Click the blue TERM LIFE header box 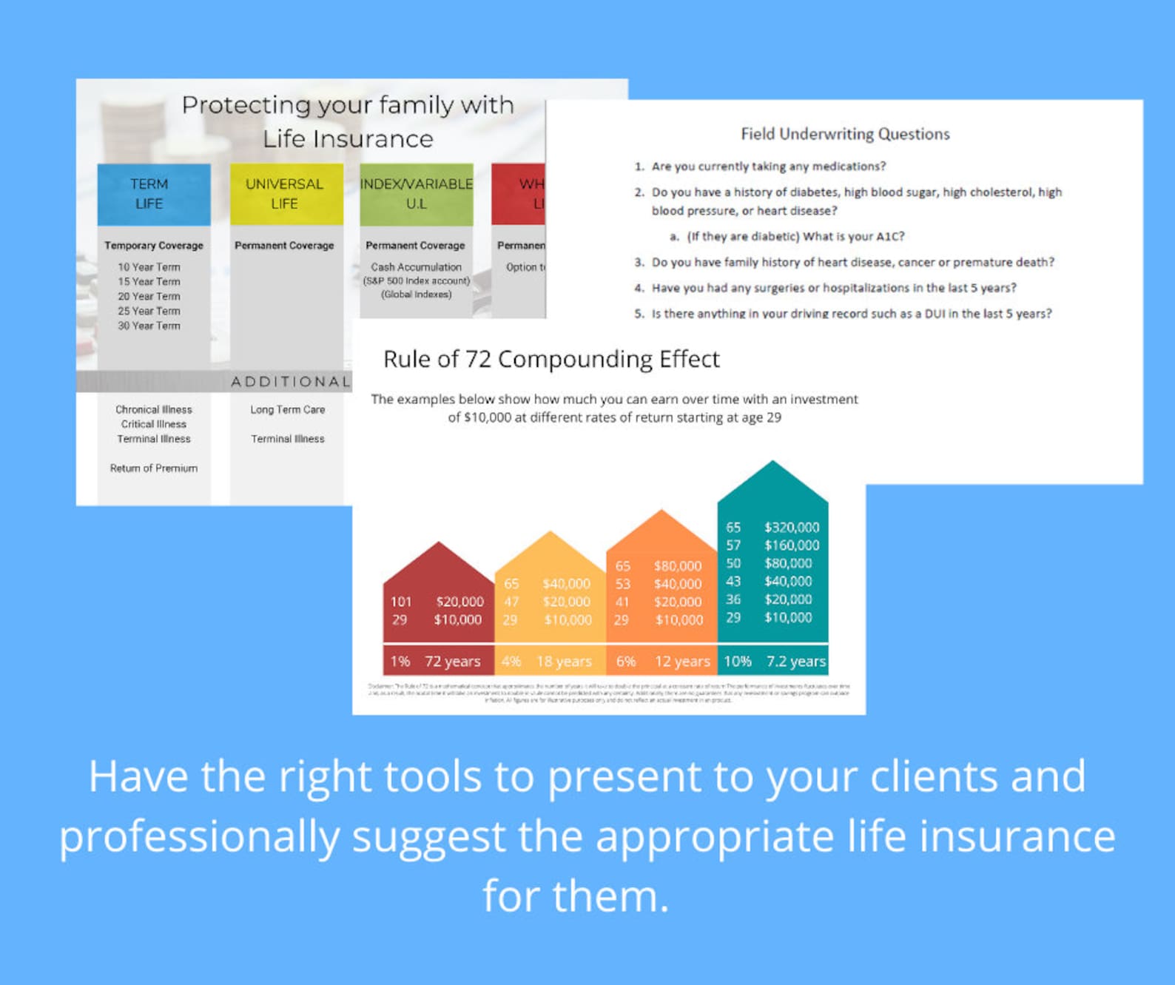[153, 194]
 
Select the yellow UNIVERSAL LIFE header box [286, 194]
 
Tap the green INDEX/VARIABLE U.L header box [416, 194]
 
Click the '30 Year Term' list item [149, 326]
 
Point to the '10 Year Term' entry [149, 267]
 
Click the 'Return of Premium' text [154, 468]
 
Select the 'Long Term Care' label [287, 409]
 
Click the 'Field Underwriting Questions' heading [845, 134]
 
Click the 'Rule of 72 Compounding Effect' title [551, 360]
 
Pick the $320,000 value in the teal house [792, 528]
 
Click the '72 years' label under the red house [452, 662]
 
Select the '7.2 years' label [795, 662]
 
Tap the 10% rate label [737, 662]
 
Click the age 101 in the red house [400, 602]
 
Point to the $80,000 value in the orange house [677, 566]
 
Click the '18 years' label [564, 662]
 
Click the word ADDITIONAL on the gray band [290, 382]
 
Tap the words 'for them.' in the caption [576, 896]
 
